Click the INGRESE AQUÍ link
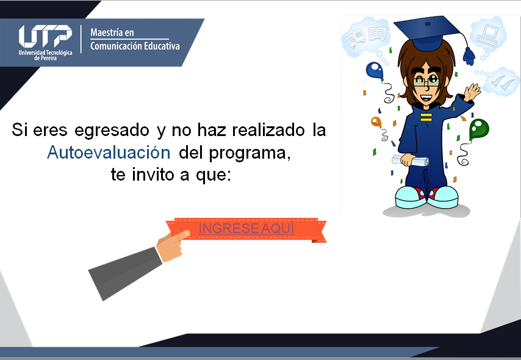246,228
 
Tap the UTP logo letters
45,36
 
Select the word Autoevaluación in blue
109,153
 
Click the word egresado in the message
112,131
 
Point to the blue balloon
375,70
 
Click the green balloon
478,129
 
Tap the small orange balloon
376,122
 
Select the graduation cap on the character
427,32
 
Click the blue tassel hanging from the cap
469,56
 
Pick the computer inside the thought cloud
487,35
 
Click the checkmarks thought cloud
501,82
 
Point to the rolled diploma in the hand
411,161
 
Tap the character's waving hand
472,92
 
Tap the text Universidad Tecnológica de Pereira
45,55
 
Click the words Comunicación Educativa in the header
135,46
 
